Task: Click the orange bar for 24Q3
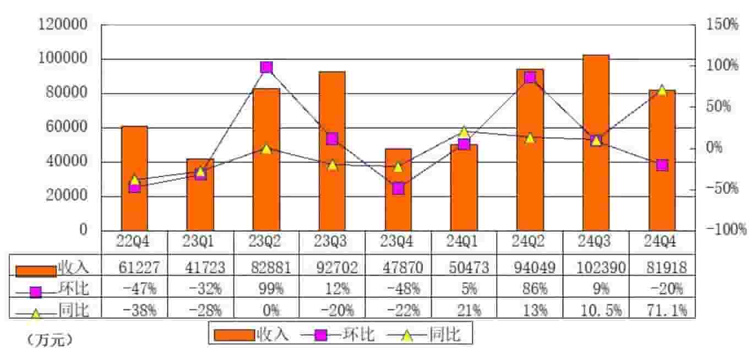tap(596, 143)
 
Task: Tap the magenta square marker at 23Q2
tap(266, 67)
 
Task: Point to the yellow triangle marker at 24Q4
tap(662, 90)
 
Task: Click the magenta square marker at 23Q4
tap(398, 189)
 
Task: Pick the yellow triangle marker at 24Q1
tap(464, 132)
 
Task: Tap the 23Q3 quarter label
tap(332, 242)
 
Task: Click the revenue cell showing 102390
tap(596, 268)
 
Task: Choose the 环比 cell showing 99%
tap(266, 289)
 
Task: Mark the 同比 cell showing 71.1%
tap(662, 310)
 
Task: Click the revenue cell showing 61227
tap(134, 268)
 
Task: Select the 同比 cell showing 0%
tap(266, 310)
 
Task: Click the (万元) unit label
tap(50, 341)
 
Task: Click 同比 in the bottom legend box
tap(444, 334)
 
